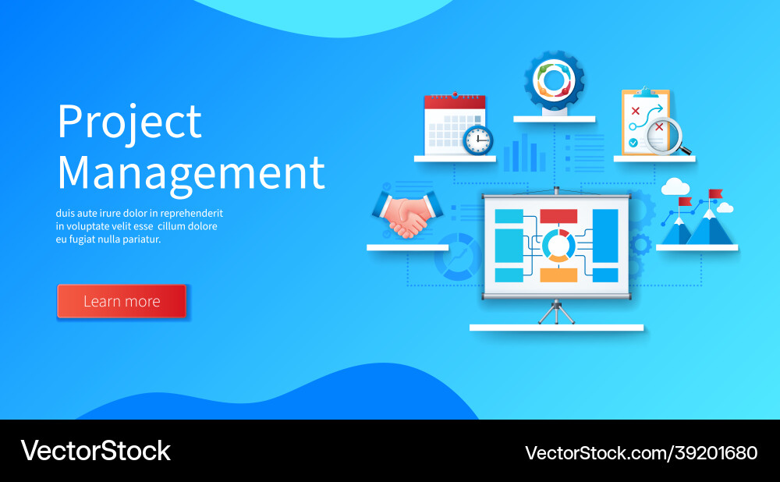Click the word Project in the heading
point(129,122)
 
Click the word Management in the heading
point(191,172)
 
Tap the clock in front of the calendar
point(477,140)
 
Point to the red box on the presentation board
point(558,216)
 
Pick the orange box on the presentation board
point(558,275)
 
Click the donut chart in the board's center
point(558,245)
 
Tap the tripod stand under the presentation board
point(556,311)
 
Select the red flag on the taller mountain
point(715,193)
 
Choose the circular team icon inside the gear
point(555,80)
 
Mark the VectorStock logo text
point(95,451)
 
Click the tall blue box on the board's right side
point(605,245)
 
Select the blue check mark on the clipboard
point(633,144)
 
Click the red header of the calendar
point(455,101)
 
